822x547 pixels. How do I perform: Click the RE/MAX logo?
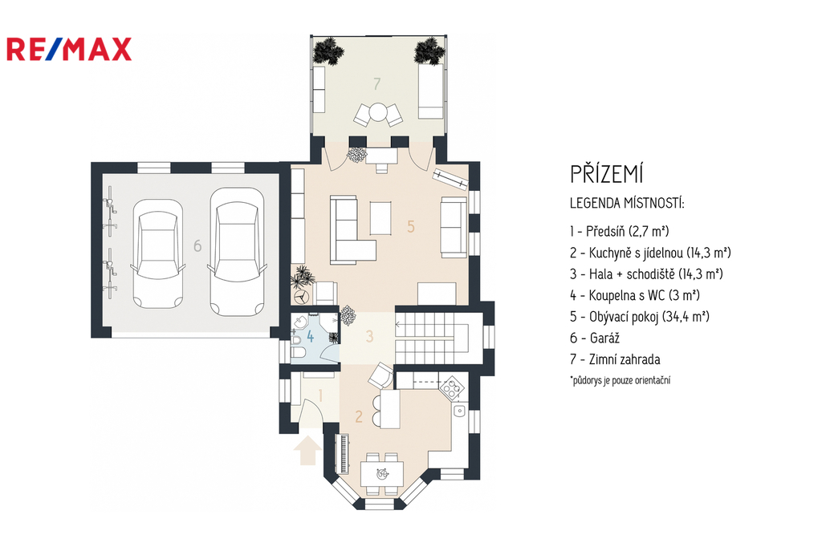pyautogui.click(x=69, y=49)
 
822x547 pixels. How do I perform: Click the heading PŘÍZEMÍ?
pyautogui.click(x=607, y=174)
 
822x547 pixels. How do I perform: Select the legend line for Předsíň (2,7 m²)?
pyautogui.click(x=620, y=231)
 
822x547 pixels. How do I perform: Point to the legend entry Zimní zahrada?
pyautogui.click(x=616, y=359)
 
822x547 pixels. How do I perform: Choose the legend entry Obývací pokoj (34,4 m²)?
pyautogui.click(x=640, y=317)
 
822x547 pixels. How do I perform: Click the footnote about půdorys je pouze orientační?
pyautogui.click(x=621, y=380)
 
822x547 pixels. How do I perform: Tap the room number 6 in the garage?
pyautogui.click(x=197, y=245)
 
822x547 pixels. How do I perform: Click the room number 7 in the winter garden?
pyautogui.click(x=377, y=83)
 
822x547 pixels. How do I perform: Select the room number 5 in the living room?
pyautogui.click(x=411, y=226)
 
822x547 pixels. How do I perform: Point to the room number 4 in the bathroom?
pyautogui.click(x=311, y=336)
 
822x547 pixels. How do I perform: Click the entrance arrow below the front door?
pyautogui.click(x=307, y=450)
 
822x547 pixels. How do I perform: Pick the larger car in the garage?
pyautogui.click(x=237, y=252)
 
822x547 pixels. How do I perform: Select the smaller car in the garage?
pyautogui.click(x=158, y=253)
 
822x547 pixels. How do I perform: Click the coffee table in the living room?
pyautogui.click(x=380, y=218)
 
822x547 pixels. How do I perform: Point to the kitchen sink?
pyautogui.click(x=460, y=411)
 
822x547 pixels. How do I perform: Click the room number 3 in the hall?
pyautogui.click(x=369, y=336)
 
